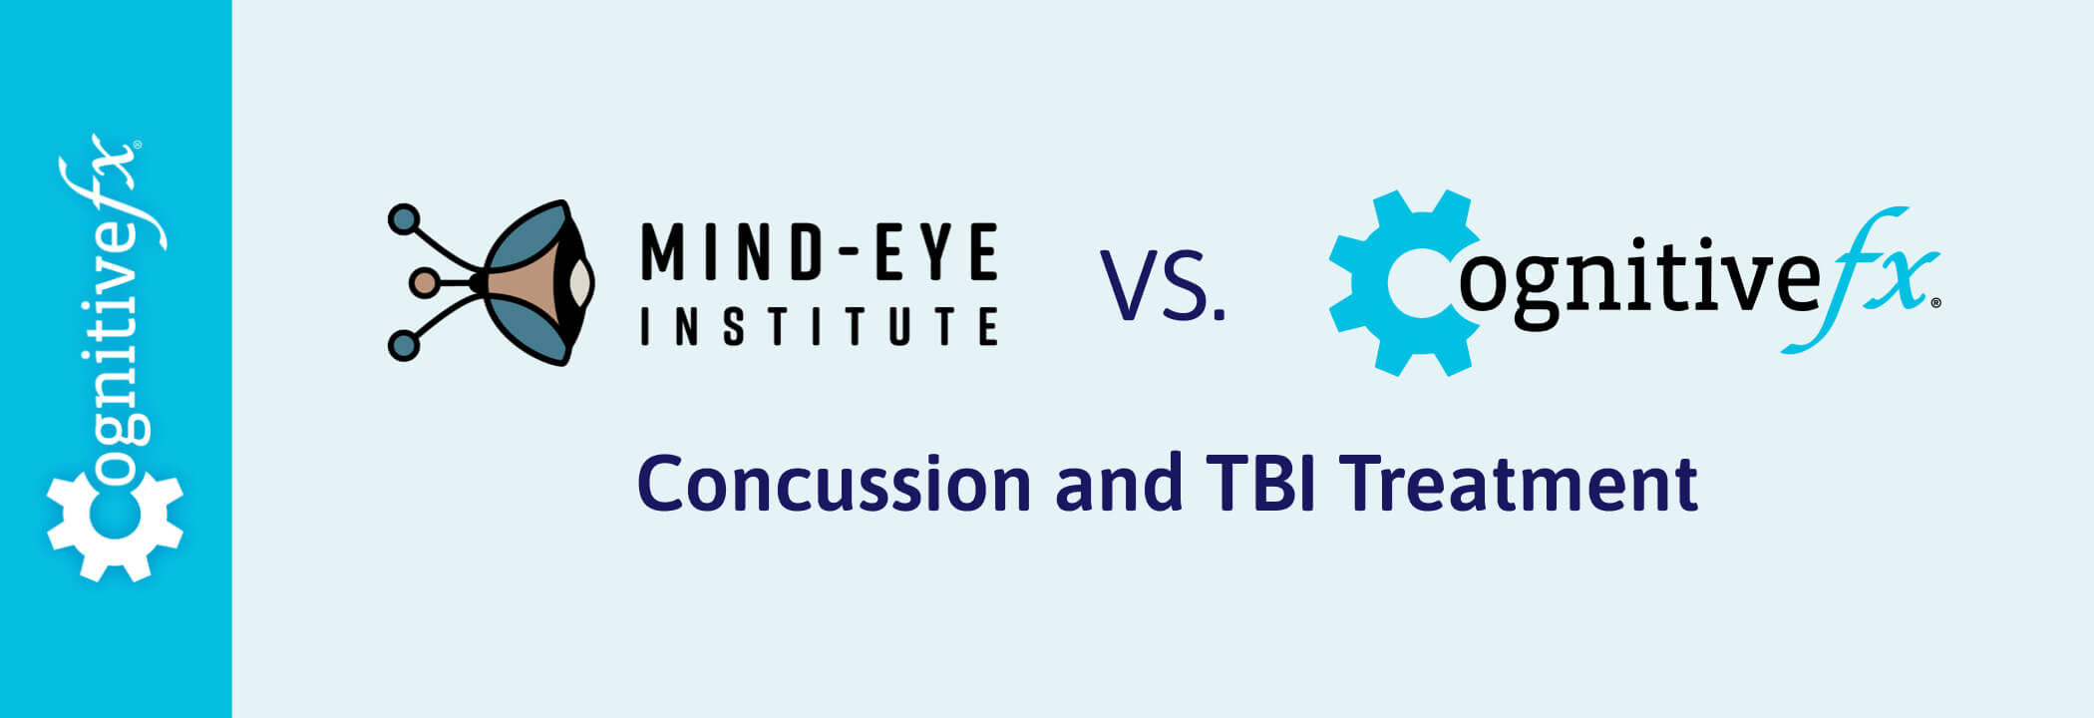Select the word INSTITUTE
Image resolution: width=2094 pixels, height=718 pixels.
tap(819, 326)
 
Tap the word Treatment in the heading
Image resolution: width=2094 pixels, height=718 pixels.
tap(1519, 485)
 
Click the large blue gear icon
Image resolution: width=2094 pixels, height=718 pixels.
tap(1404, 283)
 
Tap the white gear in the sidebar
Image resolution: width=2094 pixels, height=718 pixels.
tap(115, 527)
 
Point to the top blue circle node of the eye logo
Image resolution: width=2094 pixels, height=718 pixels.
tap(404, 218)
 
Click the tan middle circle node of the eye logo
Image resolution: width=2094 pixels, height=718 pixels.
tap(424, 283)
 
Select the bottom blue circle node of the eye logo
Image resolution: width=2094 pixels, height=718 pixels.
tap(403, 345)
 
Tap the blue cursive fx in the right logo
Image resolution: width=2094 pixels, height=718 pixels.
tap(1861, 279)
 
